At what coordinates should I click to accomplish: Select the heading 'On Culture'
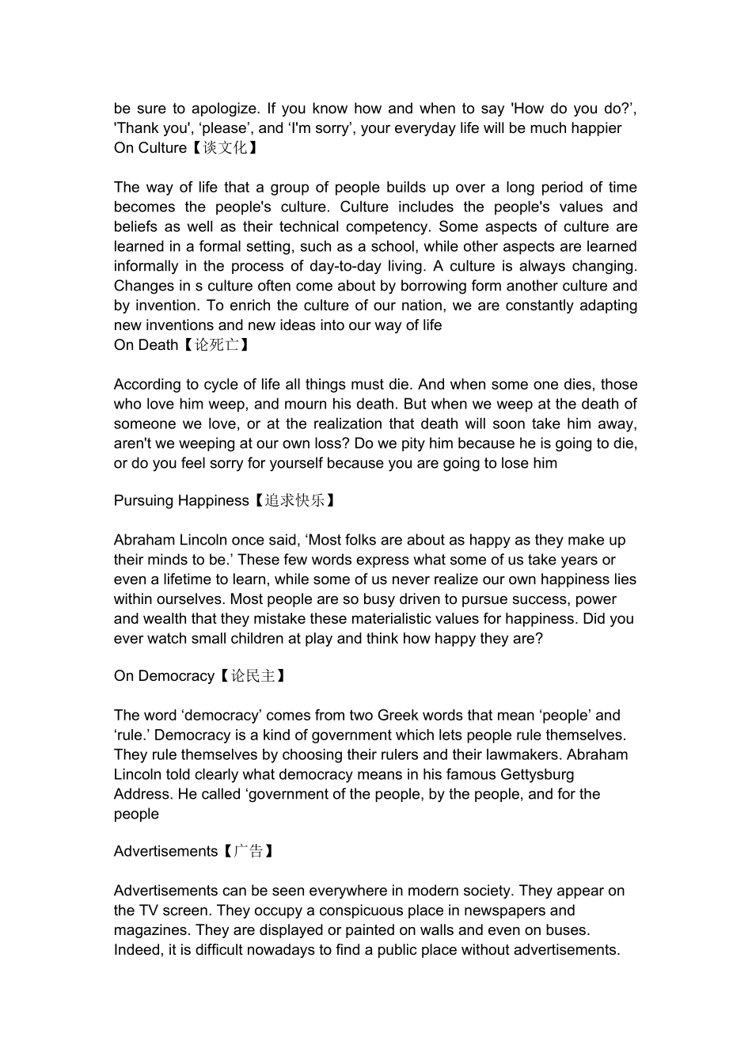150,148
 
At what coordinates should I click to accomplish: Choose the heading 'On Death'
146,345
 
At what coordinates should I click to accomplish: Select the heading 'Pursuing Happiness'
181,500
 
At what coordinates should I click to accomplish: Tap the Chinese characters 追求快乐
294,500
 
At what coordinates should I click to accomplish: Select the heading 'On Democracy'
164,675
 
